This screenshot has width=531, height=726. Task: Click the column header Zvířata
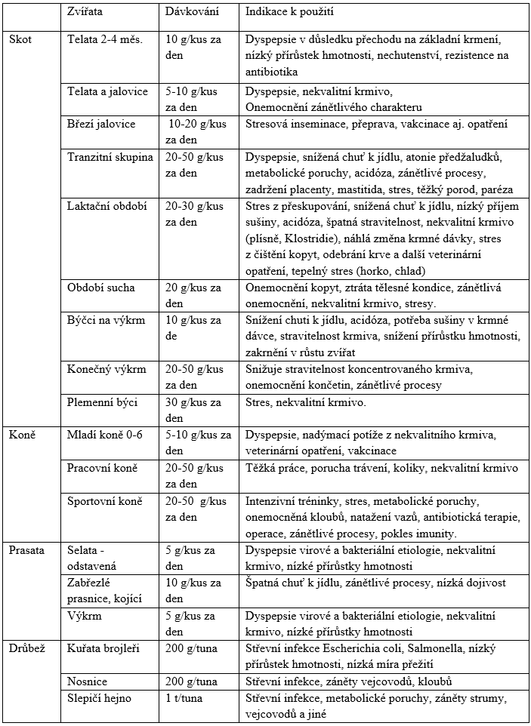(x=86, y=14)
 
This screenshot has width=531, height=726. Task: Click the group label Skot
(x=20, y=38)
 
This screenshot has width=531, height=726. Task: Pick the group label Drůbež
(x=26, y=648)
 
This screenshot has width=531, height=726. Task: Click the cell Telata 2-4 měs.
(x=104, y=38)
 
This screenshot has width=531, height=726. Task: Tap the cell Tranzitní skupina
(x=110, y=158)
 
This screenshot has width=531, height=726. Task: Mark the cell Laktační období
(x=107, y=206)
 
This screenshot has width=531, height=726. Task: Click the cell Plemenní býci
(x=103, y=402)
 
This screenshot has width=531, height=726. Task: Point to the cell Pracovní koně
(x=103, y=469)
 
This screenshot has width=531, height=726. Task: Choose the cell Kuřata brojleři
(x=104, y=648)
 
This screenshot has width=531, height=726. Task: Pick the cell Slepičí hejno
(x=99, y=698)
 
